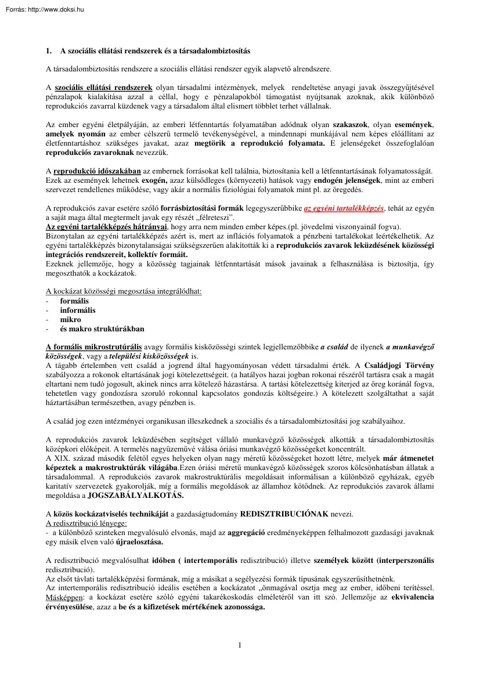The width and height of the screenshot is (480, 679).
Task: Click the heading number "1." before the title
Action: pos(49,50)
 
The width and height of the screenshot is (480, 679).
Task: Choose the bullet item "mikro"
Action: pos(71,319)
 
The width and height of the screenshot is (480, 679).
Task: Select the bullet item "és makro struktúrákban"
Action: pos(102,328)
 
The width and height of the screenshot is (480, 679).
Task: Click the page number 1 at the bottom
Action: pos(239,645)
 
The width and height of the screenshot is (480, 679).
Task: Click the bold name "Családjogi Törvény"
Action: pos(398,365)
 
